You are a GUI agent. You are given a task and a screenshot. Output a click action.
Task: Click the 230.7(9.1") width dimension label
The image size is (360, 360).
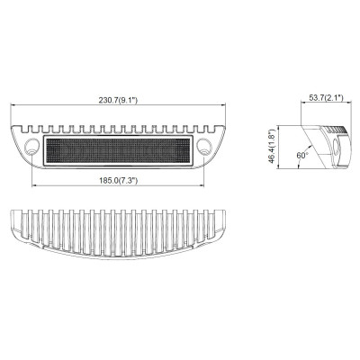pyautogui.click(x=119, y=100)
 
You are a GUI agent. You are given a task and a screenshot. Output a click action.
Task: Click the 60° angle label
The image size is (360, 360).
pyautogui.click(x=302, y=155)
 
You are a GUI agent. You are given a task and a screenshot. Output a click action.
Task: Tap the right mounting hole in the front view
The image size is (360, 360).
pyautogui.click(x=205, y=147)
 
